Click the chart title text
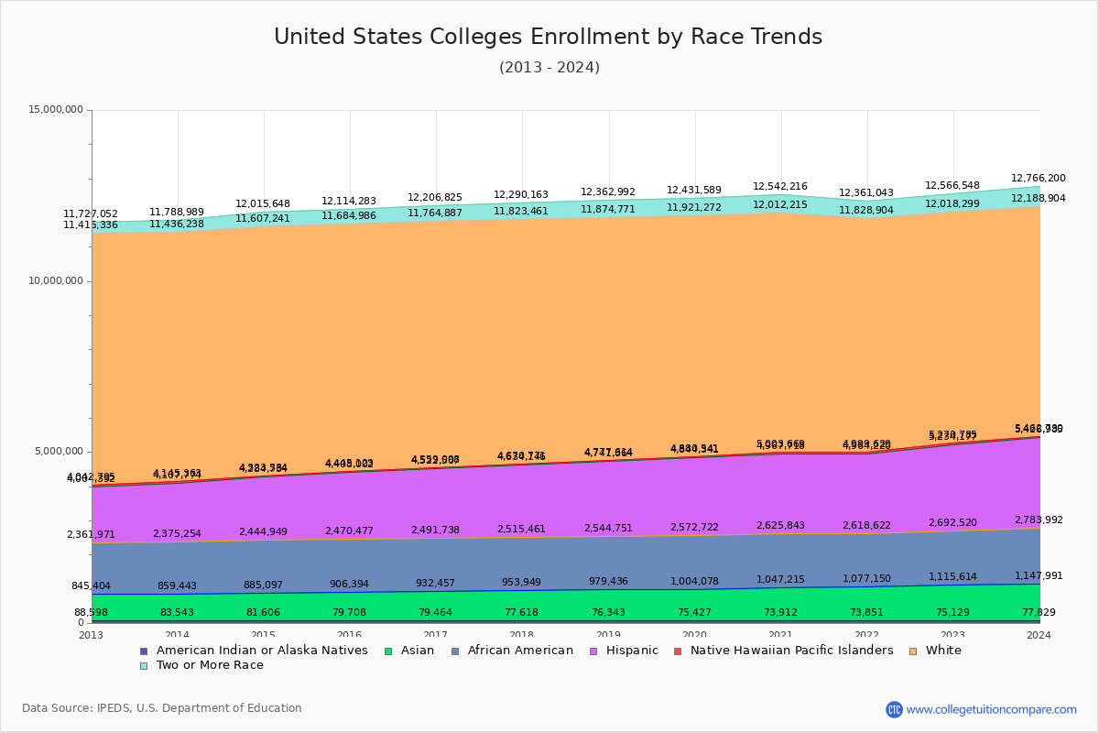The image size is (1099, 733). point(548,38)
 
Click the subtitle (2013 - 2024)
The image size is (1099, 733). point(549,68)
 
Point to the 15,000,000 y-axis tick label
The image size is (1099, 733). point(56,110)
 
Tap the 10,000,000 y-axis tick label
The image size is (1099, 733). point(56,281)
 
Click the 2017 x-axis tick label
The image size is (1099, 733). point(435,635)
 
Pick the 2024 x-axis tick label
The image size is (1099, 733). point(1039,635)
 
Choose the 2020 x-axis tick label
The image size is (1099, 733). point(694,635)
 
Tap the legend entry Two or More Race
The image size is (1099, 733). point(210,665)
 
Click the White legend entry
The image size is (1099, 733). point(942,651)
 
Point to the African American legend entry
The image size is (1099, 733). point(520,651)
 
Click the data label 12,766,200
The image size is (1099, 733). point(1038,179)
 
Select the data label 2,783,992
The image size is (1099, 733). point(1038,520)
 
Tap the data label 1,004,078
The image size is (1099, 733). point(694,582)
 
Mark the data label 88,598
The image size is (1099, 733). point(92,613)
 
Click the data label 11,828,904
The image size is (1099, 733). point(865,211)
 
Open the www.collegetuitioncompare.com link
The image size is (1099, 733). point(991,709)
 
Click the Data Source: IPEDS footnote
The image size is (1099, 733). point(162,708)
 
